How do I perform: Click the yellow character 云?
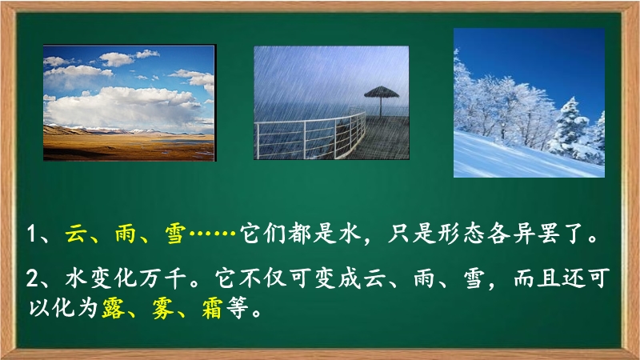pos(76,234)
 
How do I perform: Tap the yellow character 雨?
pos(126,234)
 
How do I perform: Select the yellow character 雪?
pos(175,234)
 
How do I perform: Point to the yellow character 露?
pos(114,308)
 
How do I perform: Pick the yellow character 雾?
pos(163,308)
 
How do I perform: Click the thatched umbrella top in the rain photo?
pos(382,92)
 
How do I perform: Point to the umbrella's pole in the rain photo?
pos(381,107)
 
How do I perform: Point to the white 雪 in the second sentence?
pos(474,278)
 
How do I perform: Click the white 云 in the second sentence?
pos(374,278)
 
